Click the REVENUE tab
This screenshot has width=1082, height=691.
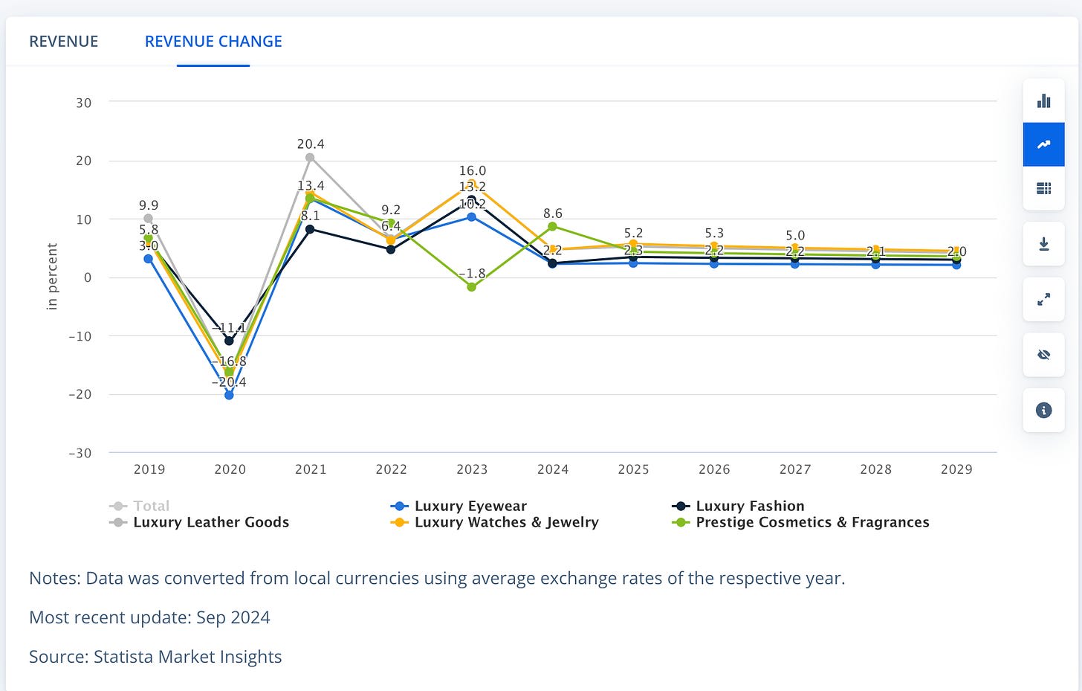click(x=63, y=42)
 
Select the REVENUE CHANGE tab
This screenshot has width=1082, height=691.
click(x=213, y=42)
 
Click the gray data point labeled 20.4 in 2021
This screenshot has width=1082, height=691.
click(x=310, y=158)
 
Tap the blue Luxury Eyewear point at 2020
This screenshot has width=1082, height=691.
click(x=229, y=395)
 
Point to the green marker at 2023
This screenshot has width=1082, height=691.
click(x=472, y=287)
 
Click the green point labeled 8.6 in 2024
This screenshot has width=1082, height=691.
click(x=552, y=226)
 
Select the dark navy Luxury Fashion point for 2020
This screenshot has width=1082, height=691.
click(x=229, y=341)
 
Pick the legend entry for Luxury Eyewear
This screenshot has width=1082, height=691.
click(x=470, y=506)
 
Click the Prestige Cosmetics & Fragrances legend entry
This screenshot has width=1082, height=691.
click(x=811, y=522)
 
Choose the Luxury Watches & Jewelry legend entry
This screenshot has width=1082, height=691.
click(x=505, y=522)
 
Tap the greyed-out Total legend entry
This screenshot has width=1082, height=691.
click(x=151, y=506)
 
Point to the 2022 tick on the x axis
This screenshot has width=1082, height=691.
click(x=391, y=469)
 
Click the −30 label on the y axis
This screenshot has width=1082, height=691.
click(x=80, y=453)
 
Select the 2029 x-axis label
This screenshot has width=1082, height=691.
click(x=956, y=469)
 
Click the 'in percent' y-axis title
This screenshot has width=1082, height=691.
click(x=52, y=276)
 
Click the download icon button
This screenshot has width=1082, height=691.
click(x=1043, y=244)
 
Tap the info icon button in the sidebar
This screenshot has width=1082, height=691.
click(x=1043, y=410)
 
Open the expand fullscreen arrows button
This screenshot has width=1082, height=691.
click(x=1043, y=299)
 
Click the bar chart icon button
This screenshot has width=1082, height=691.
click(x=1043, y=101)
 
